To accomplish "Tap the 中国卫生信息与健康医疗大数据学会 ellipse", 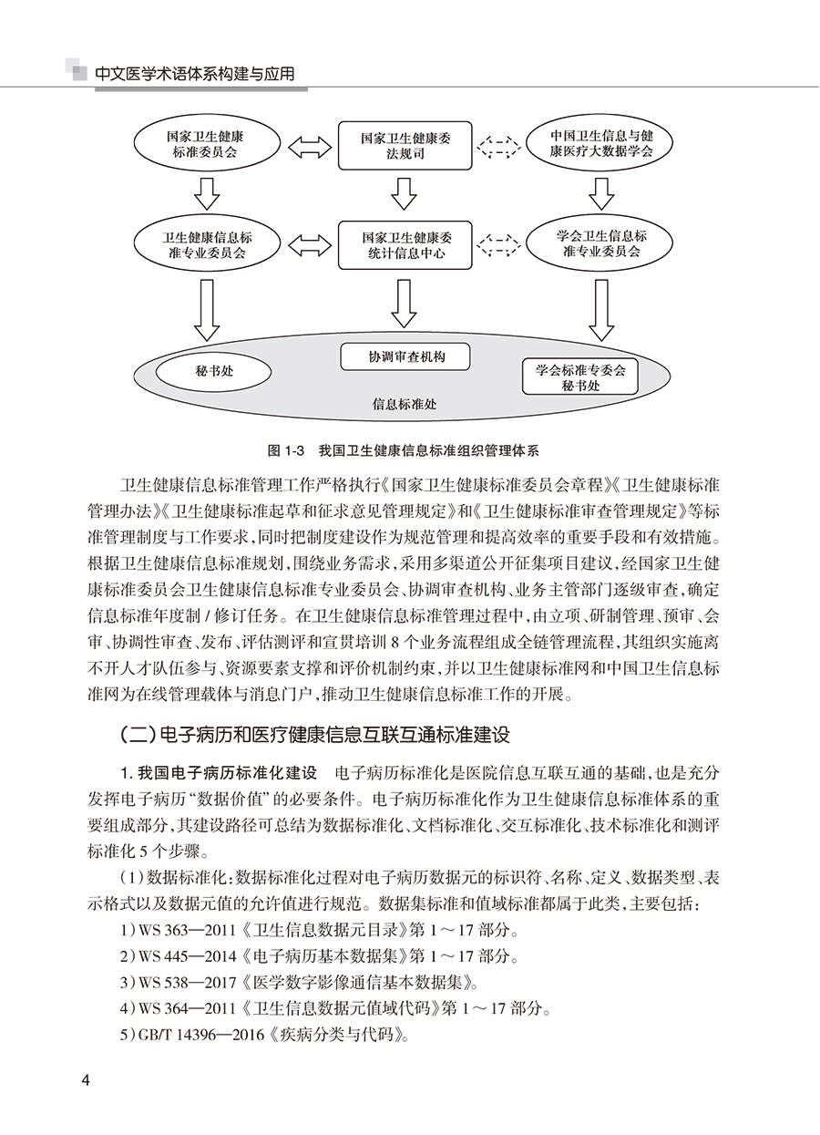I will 601,145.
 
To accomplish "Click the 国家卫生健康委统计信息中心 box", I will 404,244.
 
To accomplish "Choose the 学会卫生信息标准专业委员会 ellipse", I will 600,243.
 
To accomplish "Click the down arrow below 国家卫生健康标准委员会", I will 206,191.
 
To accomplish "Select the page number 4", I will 87,1081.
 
